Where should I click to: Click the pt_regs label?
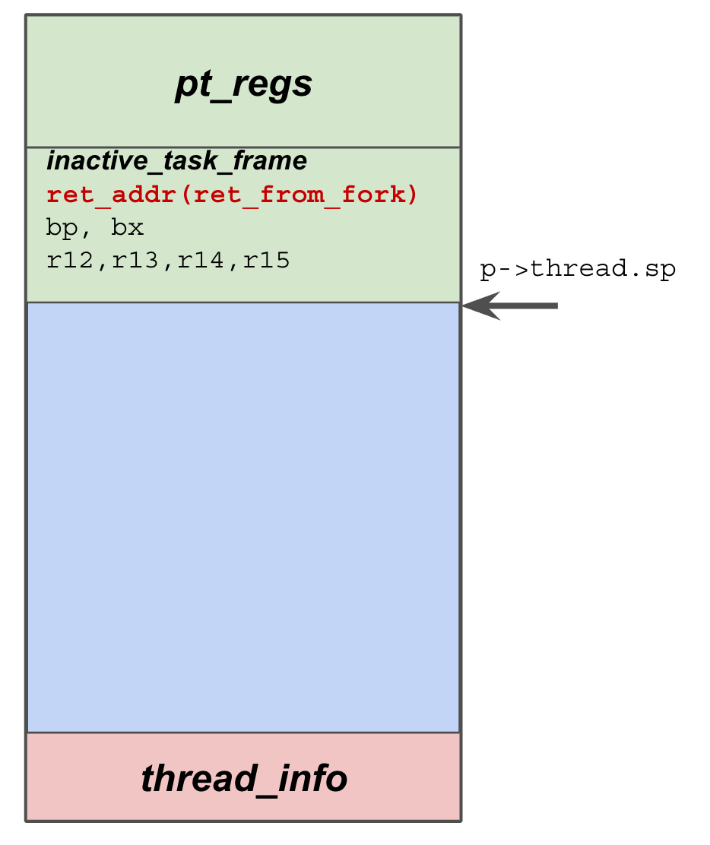[x=243, y=84]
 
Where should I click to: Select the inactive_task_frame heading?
[x=176, y=161]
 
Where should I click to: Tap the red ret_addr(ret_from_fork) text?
[x=232, y=195]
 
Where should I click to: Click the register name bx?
[x=128, y=229]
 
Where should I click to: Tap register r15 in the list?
[x=266, y=261]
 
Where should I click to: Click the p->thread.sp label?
[x=578, y=270]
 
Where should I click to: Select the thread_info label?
[x=243, y=779]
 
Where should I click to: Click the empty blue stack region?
[x=243, y=517]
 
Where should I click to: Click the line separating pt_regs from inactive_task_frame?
[x=243, y=147]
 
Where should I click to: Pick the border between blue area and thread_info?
[x=243, y=733]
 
